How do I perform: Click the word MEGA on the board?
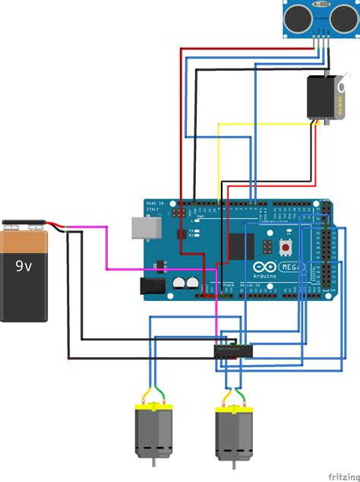pyautogui.click(x=292, y=268)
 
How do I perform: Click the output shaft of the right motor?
pyautogui.click(x=233, y=466)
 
